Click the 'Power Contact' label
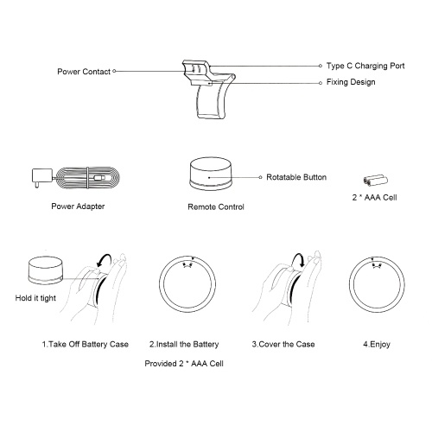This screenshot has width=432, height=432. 84,72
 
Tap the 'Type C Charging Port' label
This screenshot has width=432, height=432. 365,66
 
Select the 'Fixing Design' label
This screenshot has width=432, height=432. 351,82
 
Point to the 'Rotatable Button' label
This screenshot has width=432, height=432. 296,177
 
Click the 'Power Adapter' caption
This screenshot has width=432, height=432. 78,206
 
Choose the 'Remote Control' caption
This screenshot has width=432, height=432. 216,206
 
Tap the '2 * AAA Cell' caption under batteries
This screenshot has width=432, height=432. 374,198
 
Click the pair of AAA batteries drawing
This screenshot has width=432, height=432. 375,181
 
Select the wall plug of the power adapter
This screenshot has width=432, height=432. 41,178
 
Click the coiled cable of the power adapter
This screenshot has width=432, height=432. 87,178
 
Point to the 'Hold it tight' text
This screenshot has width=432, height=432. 35,298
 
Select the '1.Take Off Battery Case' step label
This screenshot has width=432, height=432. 86,344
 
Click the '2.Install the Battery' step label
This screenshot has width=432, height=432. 184,344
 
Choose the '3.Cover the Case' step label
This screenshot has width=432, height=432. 283,344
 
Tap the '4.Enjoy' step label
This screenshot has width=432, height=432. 377,345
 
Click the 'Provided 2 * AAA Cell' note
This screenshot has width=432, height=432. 184,364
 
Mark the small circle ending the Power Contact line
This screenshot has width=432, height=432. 114,71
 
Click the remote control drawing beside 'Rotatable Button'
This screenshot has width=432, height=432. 211,174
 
